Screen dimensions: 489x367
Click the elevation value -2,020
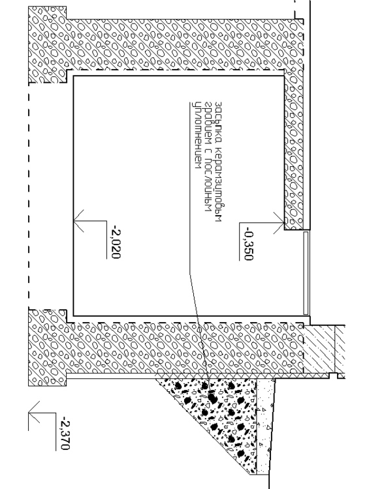coord(115,243)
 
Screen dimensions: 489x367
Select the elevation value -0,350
coord(247,244)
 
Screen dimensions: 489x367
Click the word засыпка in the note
coord(218,119)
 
